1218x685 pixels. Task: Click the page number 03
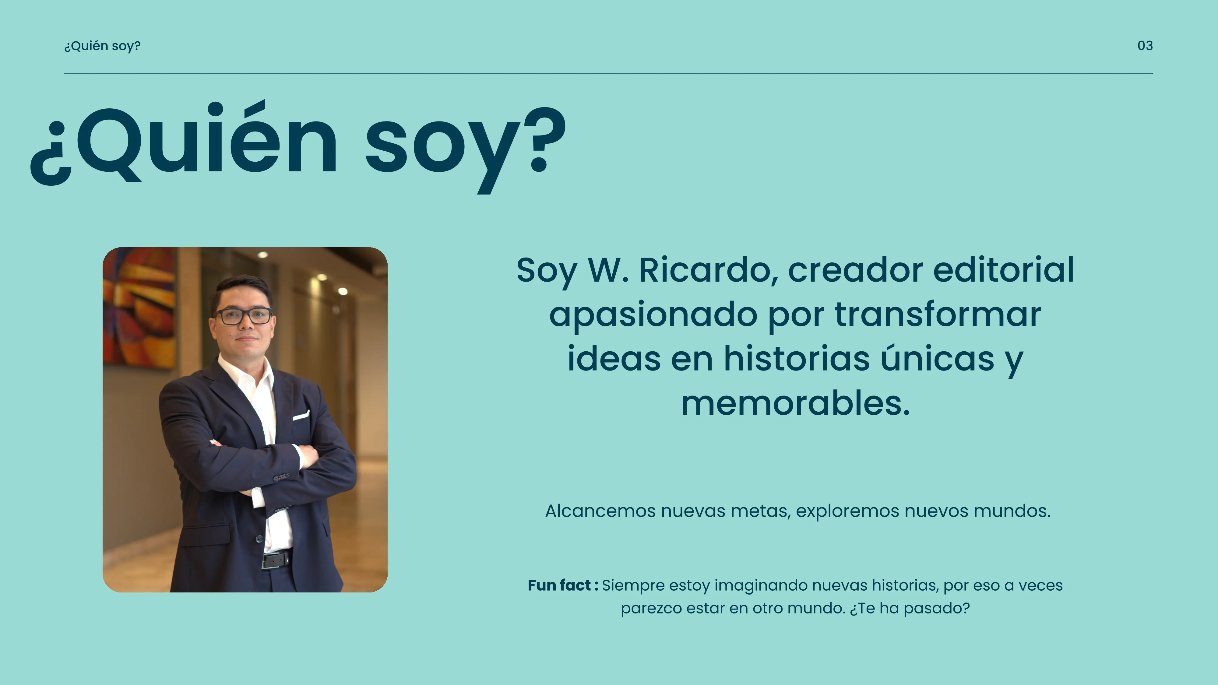[x=1145, y=46]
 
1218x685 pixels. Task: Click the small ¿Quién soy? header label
[x=102, y=46]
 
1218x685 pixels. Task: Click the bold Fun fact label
[x=563, y=585]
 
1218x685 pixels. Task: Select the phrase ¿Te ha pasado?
[x=909, y=608]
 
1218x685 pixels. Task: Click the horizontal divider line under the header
[x=608, y=73]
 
